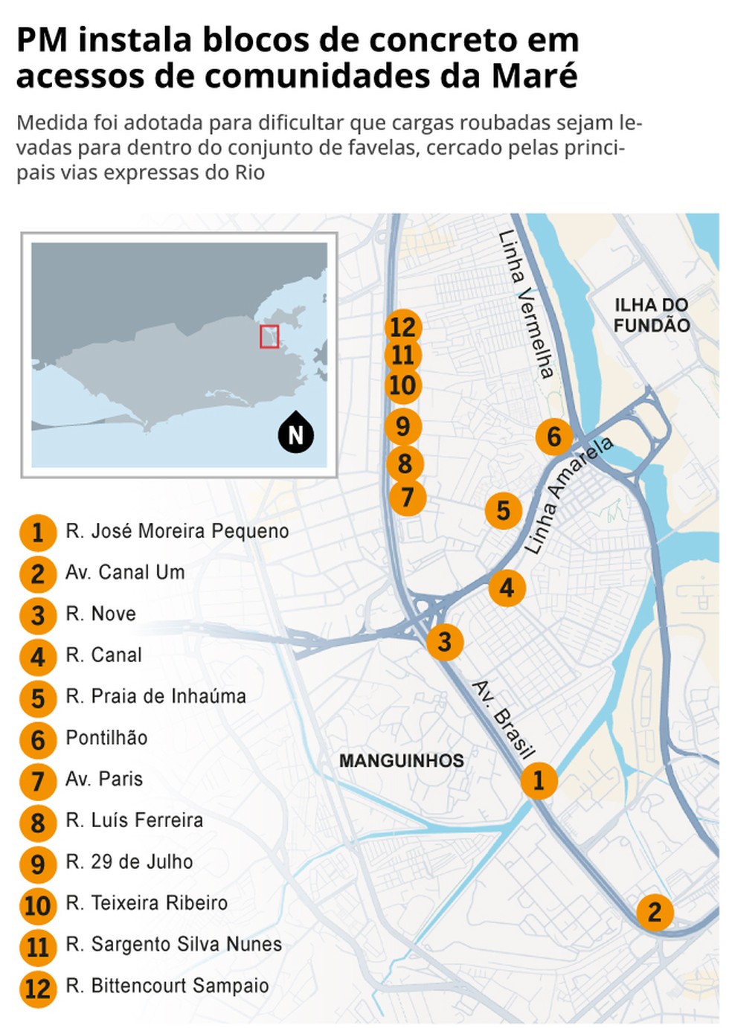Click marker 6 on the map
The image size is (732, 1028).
click(x=554, y=437)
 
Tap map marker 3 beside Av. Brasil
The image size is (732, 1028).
click(x=445, y=641)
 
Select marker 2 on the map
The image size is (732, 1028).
click(x=655, y=912)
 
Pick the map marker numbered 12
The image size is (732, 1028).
click(x=403, y=327)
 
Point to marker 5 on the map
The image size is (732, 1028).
click(x=504, y=510)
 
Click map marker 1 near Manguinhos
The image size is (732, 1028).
click(x=539, y=780)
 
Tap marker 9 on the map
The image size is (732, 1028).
click(x=403, y=426)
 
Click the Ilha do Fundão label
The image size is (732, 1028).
click(x=652, y=315)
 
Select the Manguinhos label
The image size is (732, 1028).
click(x=402, y=760)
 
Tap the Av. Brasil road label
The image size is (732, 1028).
click(x=504, y=719)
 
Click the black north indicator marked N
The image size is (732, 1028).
click(x=296, y=434)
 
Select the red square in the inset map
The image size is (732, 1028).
click(x=269, y=336)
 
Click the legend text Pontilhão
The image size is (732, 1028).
click(x=106, y=738)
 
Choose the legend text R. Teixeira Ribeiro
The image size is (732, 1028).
click(x=147, y=903)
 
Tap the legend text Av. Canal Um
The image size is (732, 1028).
click(x=125, y=572)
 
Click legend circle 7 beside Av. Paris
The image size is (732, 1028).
click(x=38, y=781)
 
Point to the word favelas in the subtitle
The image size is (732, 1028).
click(x=384, y=147)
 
